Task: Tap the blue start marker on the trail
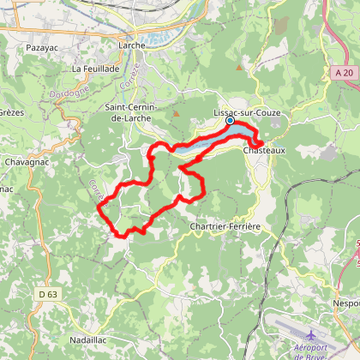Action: pyautogui.click(x=230, y=121)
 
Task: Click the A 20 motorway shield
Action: pyautogui.click(x=345, y=74)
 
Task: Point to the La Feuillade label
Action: pyautogui.click(x=92, y=69)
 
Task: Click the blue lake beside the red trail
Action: pyautogui.click(x=201, y=145)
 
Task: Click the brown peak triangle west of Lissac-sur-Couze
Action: pyautogui.click(x=175, y=112)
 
